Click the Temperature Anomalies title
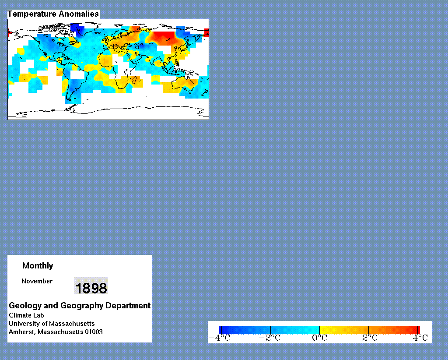click(x=53, y=14)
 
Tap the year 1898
click(x=91, y=288)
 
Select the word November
click(x=37, y=281)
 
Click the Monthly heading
click(x=38, y=266)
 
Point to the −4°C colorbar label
click(x=220, y=338)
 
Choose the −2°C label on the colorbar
click(x=269, y=338)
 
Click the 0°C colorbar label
click(x=319, y=338)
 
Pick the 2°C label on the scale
click(x=370, y=338)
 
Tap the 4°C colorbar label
click(x=420, y=338)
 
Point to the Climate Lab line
click(x=26, y=315)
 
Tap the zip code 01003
click(x=94, y=332)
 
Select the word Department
click(x=128, y=306)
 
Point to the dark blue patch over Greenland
click(x=77, y=28)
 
